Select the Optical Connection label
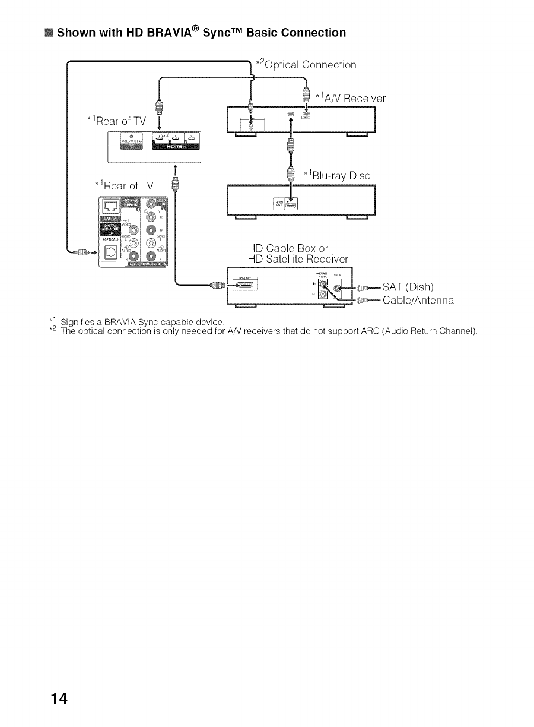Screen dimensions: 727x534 (x=306, y=64)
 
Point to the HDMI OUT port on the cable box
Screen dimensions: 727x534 (x=250, y=286)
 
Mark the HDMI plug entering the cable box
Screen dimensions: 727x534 (x=217, y=285)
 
